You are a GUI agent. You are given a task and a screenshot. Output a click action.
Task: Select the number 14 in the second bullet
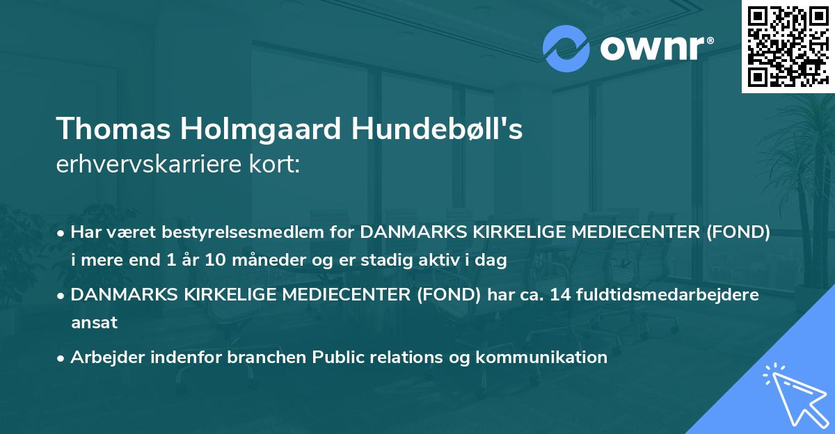[x=559, y=295]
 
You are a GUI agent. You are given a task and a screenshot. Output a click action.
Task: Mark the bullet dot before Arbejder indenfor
[x=61, y=358]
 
